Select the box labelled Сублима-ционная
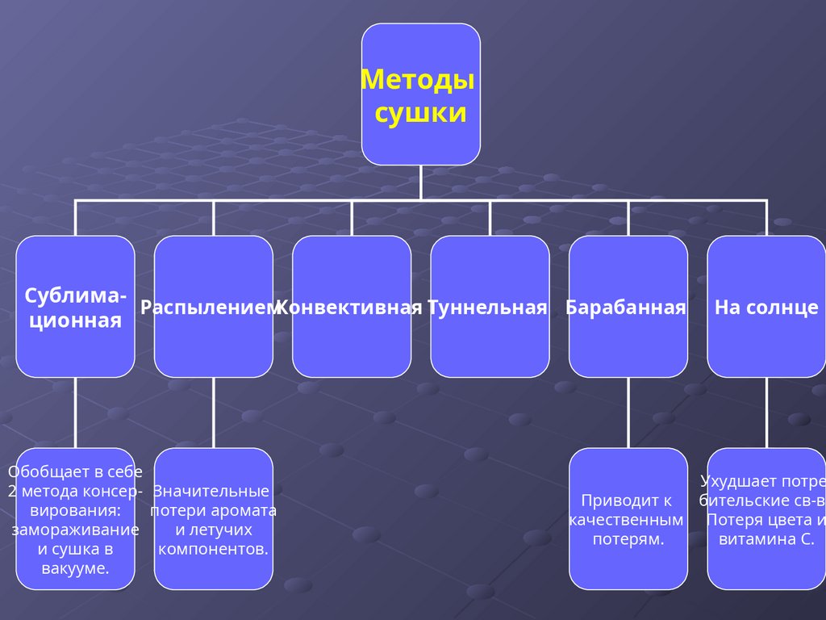click(x=75, y=308)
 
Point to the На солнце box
click(x=766, y=308)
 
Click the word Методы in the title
click(x=417, y=80)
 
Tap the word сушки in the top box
click(x=420, y=112)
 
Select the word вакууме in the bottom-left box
click(x=75, y=568)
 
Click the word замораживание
click(x=75, y=530)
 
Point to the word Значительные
click(x=211, y=491)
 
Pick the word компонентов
click(x=213, y=549)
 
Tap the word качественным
click(x=627, y=520)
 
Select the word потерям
click(x=628, y=539)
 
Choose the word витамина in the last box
click(x=746, y=539)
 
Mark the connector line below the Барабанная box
click(x=628, y=413)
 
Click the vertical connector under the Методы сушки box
click(x=420, y=182)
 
